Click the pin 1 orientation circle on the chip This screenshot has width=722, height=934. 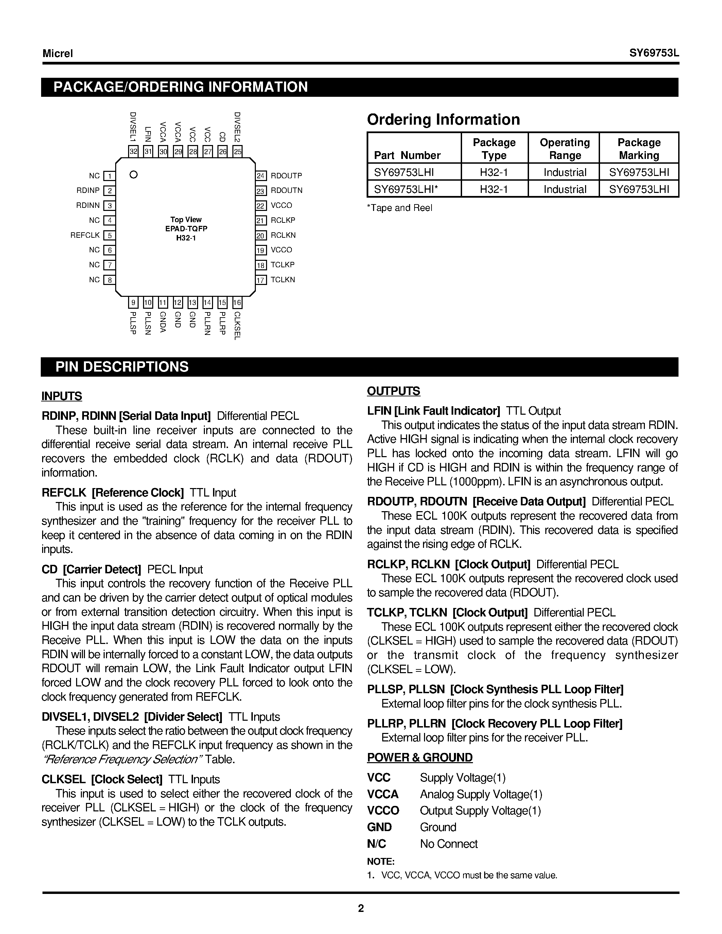click(x=134, y=175)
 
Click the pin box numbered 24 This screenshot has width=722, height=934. click(x=261, y=176)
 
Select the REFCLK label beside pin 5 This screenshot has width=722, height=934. click(x=85, y=235)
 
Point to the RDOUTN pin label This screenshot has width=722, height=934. click(x=286, y=190)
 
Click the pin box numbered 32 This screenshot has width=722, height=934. click(x=134, y=151)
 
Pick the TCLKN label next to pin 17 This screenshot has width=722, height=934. click(x=283, y=280)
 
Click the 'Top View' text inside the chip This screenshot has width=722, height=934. click(x=186, y=219)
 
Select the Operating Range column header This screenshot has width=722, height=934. click(x=565, y=148)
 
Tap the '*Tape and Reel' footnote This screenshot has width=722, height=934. click(x=400, y=208)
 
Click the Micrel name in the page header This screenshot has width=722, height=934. click(x=58, y=53)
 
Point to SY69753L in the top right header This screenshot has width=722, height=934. click(x=654, y=53)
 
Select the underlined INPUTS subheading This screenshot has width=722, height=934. click(x=61, y=396)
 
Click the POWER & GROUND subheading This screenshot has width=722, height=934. click(x=420, y=757)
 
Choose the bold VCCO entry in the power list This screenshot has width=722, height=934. click(x=383, y=810)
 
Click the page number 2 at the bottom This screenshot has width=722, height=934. click(x=361, y=908)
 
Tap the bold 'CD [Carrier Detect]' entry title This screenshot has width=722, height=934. click(x=91, y=569)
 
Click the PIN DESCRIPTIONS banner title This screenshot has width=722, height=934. click(x=122, y=367)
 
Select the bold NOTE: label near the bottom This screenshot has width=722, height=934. click(x=381, y=861)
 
